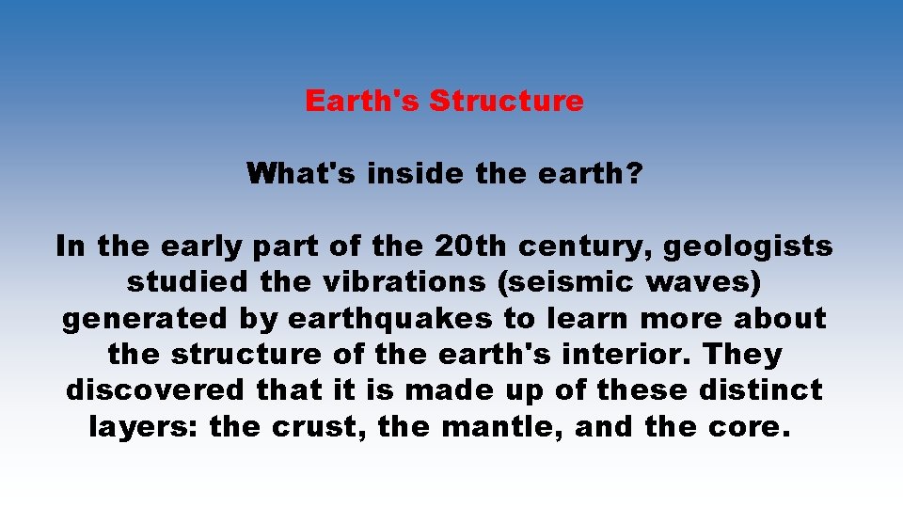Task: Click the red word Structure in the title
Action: click(506, 101)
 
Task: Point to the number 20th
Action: click(471, 247)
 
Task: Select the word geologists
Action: click(749, 247)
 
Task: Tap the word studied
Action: click(185, 283)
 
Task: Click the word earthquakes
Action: click(389, 319)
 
